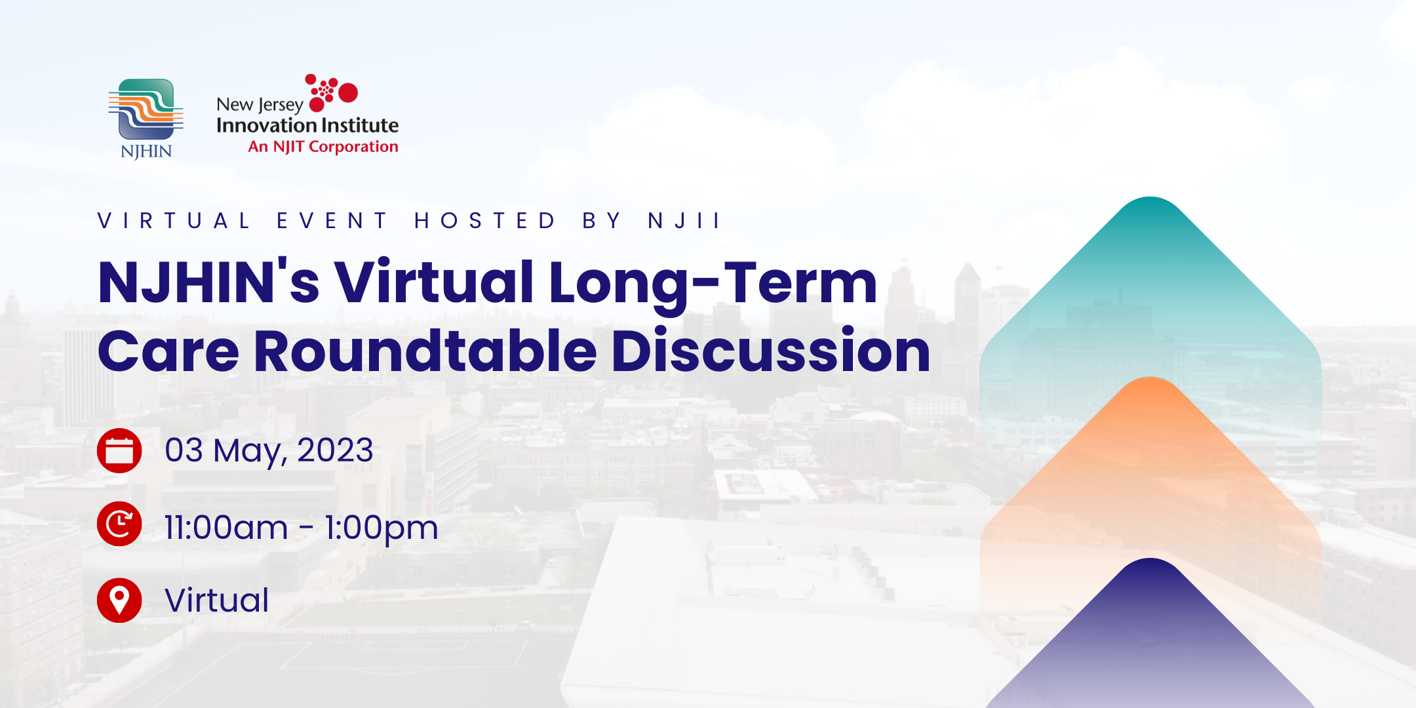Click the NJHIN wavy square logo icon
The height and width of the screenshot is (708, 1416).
(x=146, y=109)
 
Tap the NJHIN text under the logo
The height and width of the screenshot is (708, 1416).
(x=146, y=151)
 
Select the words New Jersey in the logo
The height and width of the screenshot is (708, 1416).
(x=260, y=105)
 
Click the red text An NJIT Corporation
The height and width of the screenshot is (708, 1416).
(x=323, y=147)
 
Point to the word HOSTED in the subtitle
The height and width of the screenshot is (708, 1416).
(x=484, y=221)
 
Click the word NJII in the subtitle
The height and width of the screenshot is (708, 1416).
(x=684, y=221)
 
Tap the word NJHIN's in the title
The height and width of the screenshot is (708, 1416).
(x=208, y=281)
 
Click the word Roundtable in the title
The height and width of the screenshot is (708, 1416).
(x=425, y=351)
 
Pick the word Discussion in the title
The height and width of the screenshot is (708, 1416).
(x=771, y=351)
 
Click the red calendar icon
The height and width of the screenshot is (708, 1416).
(x=119, y=450)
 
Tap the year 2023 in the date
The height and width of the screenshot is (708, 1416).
(x=335, y=450)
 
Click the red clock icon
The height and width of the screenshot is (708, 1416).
(x=119, y=524)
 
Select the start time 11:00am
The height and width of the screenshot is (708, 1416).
(x=226, y=528)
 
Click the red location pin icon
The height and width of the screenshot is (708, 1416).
(x=119, y=600)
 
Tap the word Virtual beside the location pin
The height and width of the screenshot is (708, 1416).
(x=217, y=600)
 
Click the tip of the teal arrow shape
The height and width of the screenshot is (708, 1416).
(x=1150, y=197)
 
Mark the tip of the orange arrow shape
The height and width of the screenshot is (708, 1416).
(x=1150, y=378)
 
